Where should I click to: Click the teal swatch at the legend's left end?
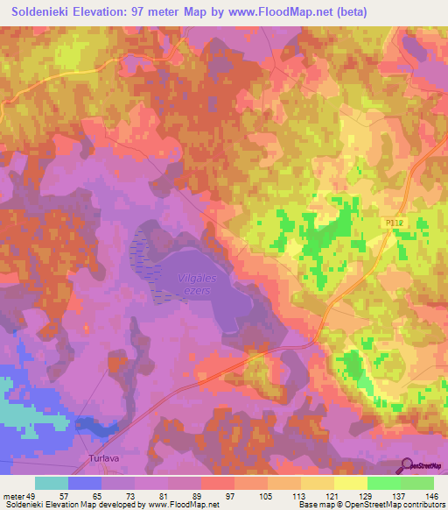(52, 483)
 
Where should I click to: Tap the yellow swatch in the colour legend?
(349, 483)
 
